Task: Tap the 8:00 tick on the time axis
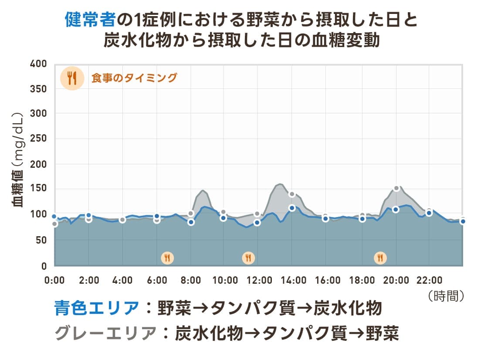point(191,280)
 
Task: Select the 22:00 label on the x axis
point(430,280)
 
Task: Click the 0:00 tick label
point(55,280)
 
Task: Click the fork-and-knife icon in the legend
point(72,78)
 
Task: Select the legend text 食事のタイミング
point(134,78)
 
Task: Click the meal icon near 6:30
point(167,258)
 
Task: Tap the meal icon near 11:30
point(248,258)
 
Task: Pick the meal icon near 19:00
point(380,258)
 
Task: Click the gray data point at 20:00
point(396,188)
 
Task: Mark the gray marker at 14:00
point(292,194)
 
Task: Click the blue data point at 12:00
point(257,223)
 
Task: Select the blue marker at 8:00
point(191,222)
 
